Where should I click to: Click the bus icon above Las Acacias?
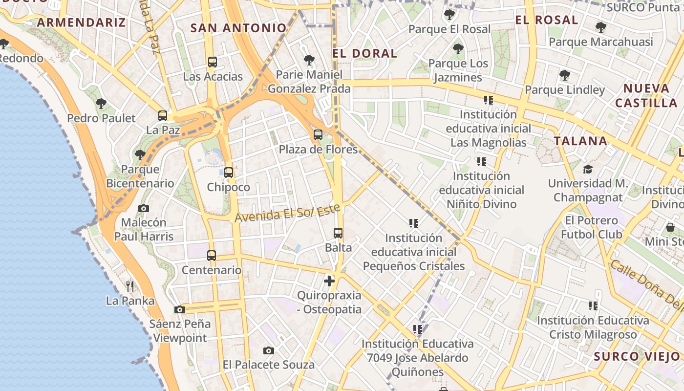(x=212, y=62)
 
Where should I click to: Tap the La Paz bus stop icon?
(x=163, y=116)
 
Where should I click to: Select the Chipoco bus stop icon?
(x=228, y=173)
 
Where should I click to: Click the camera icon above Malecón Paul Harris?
(x=144, y=208)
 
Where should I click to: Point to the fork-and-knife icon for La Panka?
(x=129, y=286)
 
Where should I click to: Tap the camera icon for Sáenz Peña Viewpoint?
(x=180, y=309)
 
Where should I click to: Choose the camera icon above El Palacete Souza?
(x=268, y=350)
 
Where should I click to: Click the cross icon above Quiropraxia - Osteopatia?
(x=329, y=281)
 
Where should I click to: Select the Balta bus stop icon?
(x=338, y=233)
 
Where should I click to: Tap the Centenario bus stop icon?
(x=212, y=256)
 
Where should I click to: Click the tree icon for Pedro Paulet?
(x=101, y=104)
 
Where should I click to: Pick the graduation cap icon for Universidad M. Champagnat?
(x=588, y=169)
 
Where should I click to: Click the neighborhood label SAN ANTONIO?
(x=238, y=28)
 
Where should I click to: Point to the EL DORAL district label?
(x=364, y=53)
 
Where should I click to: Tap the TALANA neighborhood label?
(x=580, y=141)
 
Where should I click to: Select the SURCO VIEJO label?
(x=637, y=356)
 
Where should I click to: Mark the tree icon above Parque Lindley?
(x=565, y=75)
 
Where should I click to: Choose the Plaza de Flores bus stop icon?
(x=318, y=135)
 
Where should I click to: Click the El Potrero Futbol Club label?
(x=591, y=227)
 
